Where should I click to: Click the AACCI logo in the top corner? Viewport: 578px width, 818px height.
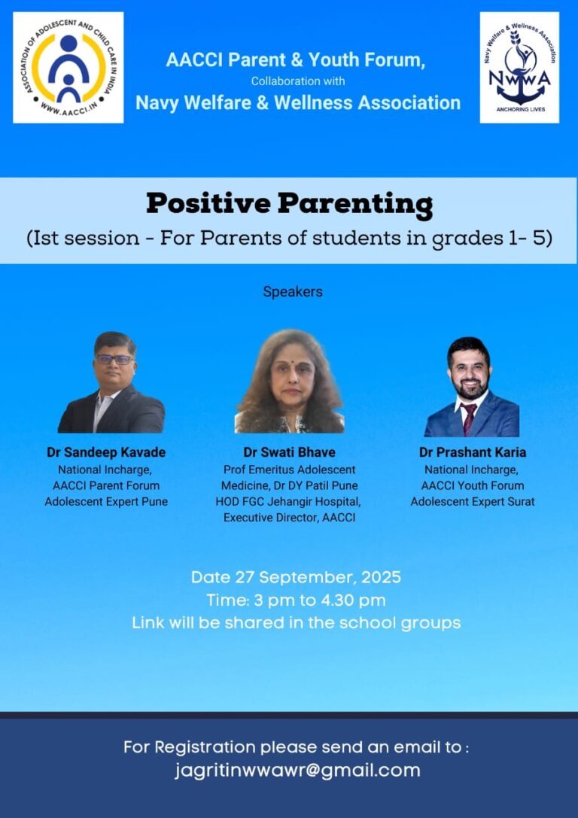68,68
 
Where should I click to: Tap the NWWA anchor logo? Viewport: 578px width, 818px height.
519,68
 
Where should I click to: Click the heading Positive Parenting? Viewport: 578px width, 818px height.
290,204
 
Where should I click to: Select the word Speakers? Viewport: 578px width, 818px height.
293,292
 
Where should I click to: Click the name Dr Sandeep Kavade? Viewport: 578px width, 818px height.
106,452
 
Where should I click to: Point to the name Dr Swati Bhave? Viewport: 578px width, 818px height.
290,452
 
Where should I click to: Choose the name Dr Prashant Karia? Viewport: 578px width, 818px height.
473,452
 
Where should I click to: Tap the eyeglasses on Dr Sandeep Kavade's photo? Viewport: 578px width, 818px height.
114,360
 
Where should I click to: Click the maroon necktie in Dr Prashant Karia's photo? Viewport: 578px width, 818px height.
468,418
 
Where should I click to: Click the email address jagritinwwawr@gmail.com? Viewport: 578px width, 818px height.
297,771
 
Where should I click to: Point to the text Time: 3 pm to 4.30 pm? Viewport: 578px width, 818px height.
296,601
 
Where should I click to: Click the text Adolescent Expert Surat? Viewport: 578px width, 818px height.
473,502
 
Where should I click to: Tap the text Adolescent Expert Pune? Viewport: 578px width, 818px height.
106,502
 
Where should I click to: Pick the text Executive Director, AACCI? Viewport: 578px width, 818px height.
290,518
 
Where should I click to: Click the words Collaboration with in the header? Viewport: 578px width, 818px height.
298,81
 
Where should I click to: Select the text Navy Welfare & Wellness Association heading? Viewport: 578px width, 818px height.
298,103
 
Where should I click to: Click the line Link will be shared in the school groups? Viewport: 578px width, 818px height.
297,623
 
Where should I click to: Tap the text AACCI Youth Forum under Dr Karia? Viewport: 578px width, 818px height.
473,485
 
